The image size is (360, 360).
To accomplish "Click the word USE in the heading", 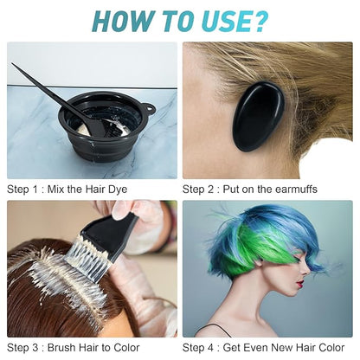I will pos(221,19).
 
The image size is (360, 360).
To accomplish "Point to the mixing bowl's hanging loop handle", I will pos(148,110).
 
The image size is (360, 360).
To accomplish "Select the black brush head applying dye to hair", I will pos(113,234).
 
